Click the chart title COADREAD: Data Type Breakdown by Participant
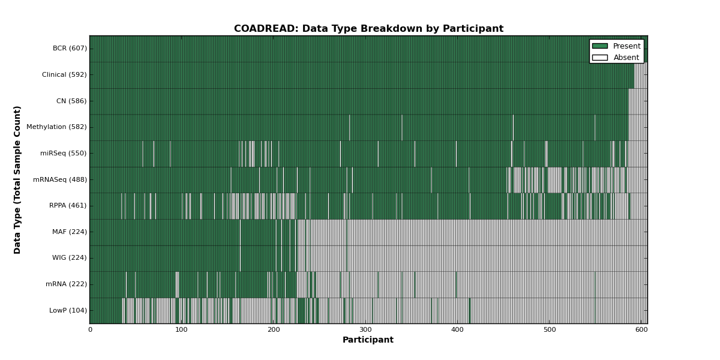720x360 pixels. pos(368,29)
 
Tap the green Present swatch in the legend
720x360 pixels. pos(600,46)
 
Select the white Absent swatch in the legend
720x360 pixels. pos(600,58)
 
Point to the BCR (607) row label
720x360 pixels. pos(70,48)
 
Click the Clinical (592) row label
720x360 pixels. pos(64,74)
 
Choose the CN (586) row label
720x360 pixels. pos(71,101)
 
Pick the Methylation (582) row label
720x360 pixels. pos(56,127)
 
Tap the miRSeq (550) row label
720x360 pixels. pos(64,154)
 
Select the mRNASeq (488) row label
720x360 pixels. pos(60,179)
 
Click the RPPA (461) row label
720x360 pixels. pos(68,205)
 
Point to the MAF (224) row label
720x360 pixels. pos(70,232)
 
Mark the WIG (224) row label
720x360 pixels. pos(70,258)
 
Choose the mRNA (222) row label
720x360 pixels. pos(66,284)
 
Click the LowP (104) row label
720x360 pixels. pos(68,311)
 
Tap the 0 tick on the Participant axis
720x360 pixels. pos(91,330)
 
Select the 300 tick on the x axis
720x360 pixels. pos(365,330)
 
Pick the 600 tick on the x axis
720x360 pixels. pos(641,330)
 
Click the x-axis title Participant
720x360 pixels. pos(368,340)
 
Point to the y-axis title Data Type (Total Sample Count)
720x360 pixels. pos(17,180)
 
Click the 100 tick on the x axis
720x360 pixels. pos(182,330)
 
